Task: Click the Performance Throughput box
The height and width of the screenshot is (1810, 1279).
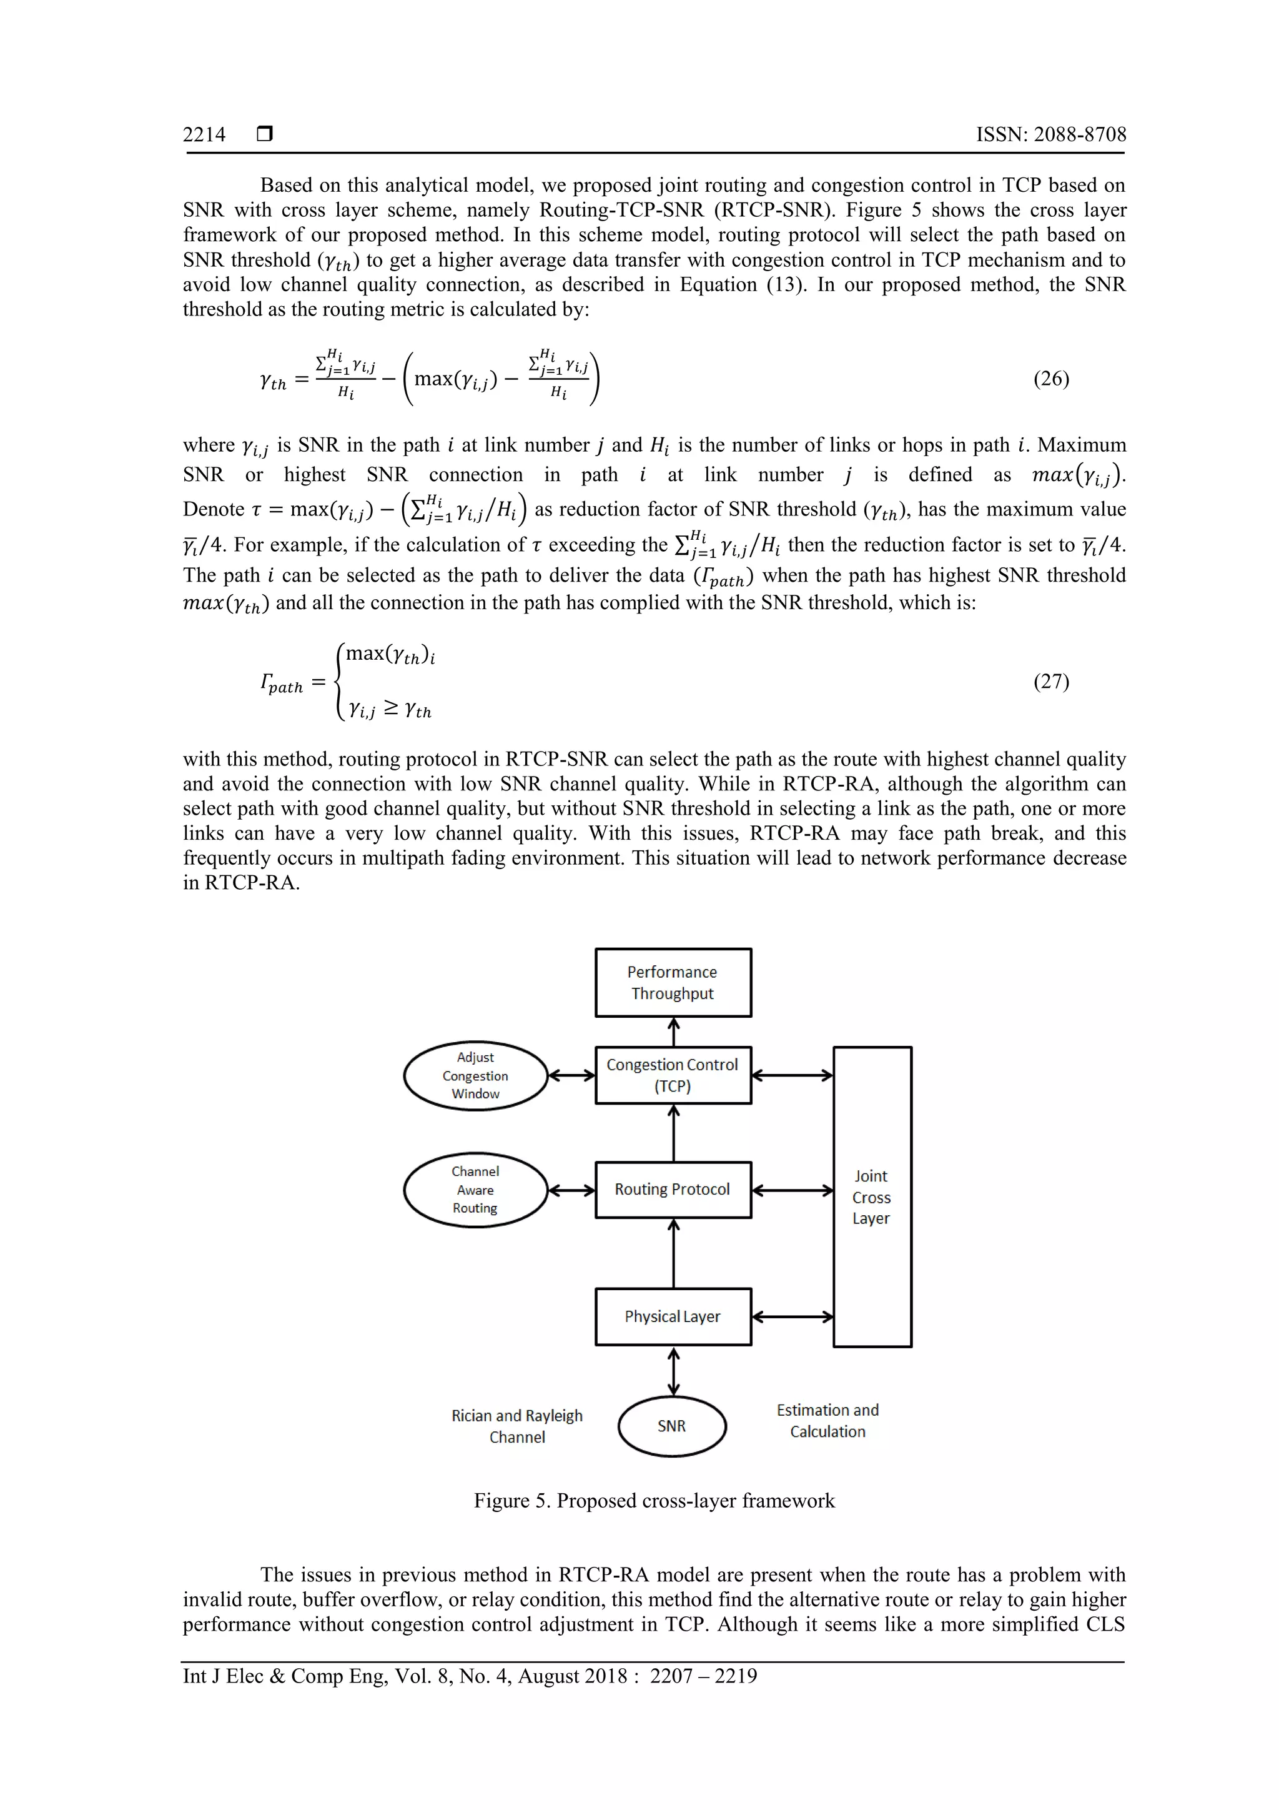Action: click(x=673, y=982)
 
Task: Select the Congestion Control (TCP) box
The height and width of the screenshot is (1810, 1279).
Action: click(x=673, y=1075)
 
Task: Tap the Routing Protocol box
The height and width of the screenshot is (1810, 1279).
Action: click(x=673, y=1190)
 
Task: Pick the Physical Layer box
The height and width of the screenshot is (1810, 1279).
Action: click(x=673, y=1316)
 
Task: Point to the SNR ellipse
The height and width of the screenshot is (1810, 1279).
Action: click(x=672, y=1426)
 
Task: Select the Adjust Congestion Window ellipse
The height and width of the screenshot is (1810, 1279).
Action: click(x=475, y=1075)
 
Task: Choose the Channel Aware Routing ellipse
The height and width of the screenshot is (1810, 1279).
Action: click(x=475, y=1190)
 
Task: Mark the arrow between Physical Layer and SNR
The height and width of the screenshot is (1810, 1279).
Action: click(x=674, y=1371)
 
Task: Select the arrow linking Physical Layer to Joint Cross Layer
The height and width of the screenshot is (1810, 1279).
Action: click(x=793, y=1316)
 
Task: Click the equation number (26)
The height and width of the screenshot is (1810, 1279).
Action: click(x=1051, y=379)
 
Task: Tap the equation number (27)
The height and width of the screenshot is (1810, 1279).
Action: click(x=1051, y=682)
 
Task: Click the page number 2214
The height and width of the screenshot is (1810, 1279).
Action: click(x=204, y=135)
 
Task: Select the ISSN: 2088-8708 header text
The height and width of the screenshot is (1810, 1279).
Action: click(x=1051, y=135)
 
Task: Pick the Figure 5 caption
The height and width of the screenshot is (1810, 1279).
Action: click(x=654, y=1501)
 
